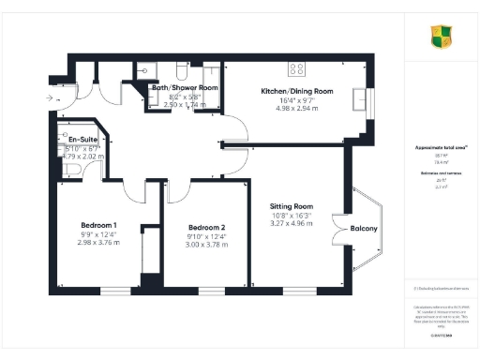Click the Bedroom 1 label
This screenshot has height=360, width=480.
(97, 226)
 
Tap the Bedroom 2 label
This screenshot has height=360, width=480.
(206, 229)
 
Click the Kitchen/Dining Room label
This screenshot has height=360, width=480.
(296, 91)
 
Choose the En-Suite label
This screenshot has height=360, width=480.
(75, 139)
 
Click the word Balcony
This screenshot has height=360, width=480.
(363, 230)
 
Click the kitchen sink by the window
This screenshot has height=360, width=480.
(359, 97)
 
